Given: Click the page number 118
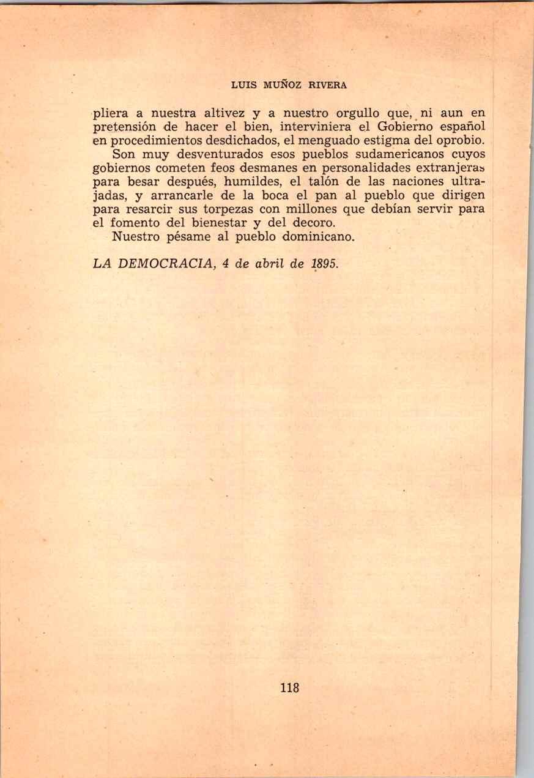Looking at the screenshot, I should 289,687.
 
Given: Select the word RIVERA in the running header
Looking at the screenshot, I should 327,86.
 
